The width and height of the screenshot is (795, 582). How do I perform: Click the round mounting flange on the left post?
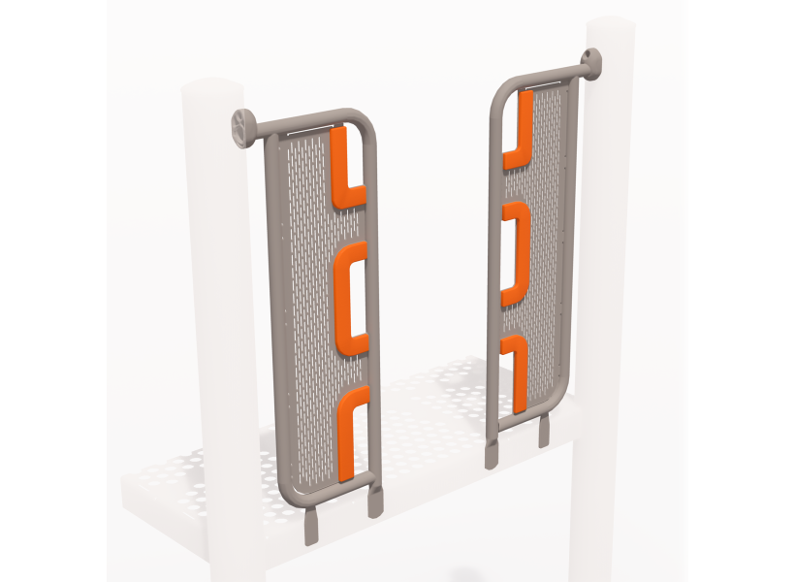click(241, 126)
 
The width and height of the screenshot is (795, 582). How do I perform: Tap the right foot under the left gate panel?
click(374, 501)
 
